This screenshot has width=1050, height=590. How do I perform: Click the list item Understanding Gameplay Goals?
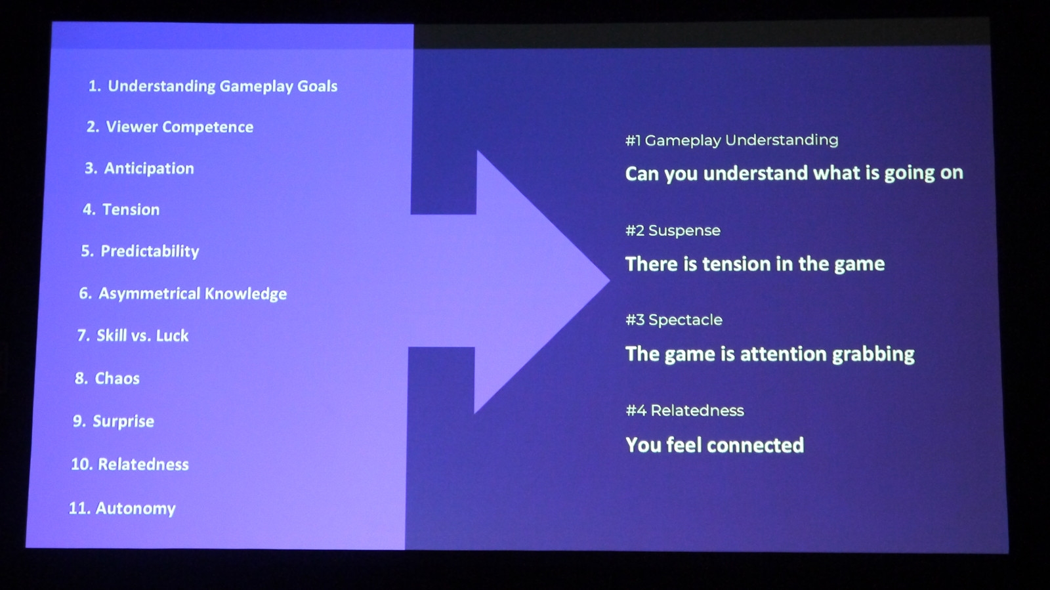(213, 87)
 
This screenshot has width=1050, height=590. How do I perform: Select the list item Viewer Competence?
(170, 127)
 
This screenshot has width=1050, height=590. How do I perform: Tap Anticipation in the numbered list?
(139, 169)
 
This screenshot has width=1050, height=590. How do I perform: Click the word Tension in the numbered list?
(131, 209)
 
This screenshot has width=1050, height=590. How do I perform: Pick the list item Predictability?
(140, 251)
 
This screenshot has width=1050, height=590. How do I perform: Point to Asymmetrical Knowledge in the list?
(183, 294)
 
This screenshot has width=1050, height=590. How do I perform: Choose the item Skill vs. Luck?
(133, 335)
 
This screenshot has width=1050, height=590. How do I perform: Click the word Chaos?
(117, 378)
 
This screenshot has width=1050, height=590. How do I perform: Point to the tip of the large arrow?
(610, 281)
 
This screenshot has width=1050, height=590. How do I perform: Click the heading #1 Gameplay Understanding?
(732, 140)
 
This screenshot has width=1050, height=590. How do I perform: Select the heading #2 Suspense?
(673, 230)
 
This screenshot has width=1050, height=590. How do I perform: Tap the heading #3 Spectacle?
(673, 320)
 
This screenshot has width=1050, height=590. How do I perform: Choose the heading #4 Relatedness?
(684, 411)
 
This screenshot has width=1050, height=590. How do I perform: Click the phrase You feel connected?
(715, 445)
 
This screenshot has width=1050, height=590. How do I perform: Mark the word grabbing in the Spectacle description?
(873, 355)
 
